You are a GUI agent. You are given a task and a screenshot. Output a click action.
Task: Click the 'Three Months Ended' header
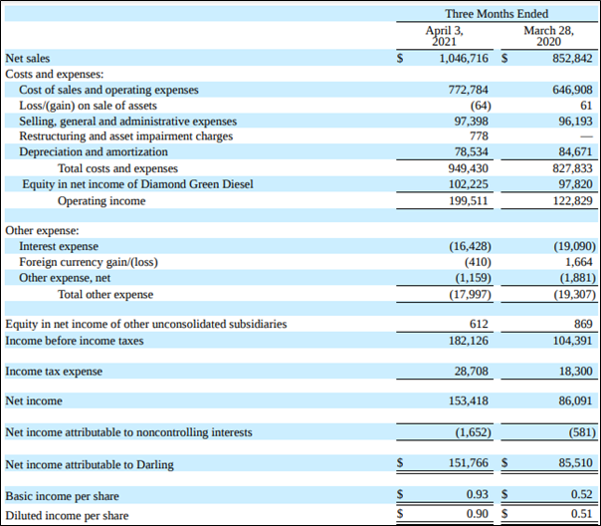coord(497,14)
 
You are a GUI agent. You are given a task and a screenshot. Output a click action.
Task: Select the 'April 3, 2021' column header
coord(444,36)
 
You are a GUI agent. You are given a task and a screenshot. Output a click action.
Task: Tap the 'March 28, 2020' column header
coord(549,36)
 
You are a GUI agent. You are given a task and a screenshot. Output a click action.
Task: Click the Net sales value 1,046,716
coord(464,59)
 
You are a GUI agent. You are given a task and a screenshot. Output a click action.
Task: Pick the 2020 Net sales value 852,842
coord(572,59)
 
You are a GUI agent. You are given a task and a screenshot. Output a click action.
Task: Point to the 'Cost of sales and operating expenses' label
coord(108,90)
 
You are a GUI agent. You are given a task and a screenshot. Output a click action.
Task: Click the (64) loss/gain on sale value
coord(481,106)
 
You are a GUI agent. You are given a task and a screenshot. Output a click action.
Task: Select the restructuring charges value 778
coord(480,136)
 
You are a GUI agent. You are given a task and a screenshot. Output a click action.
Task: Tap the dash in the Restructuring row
coord(586,136)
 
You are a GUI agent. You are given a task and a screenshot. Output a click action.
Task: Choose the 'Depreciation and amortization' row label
coord(94,152)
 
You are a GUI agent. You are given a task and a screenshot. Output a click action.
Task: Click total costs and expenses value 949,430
coord(469,168)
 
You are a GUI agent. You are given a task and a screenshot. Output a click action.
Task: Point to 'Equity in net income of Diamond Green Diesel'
coord(137,184)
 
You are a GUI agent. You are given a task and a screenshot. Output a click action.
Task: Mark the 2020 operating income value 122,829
coord(572,200)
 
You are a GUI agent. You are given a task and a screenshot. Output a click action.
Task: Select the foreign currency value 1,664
coord(579,262)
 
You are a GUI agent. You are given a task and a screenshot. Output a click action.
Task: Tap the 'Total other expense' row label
coord(105,294)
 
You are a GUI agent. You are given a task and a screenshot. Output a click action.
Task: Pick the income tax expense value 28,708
coord(472,371)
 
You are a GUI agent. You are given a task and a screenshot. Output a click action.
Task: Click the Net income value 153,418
coord(469,400)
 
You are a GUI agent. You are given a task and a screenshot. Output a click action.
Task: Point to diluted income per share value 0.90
coord(478,513)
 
